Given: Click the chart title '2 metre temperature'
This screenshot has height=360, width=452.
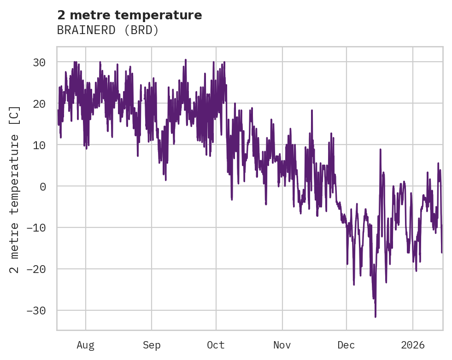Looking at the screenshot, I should (129, 15).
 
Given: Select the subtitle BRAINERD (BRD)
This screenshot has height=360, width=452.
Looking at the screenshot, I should (108, 30).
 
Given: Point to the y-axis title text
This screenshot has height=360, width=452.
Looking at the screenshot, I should (15, 189).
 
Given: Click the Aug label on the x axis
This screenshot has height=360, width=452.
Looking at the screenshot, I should (86, 345).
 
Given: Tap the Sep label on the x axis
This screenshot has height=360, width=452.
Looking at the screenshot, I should (151, 345).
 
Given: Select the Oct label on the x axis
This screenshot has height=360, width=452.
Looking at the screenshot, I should (216, 345).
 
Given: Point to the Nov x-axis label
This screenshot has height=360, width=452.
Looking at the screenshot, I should (282, 345).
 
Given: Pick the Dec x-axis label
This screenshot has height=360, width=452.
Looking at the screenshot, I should (346, 345).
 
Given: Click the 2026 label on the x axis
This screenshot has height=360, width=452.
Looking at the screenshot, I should (413, 345).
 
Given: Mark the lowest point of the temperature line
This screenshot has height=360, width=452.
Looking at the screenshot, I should (376, 317).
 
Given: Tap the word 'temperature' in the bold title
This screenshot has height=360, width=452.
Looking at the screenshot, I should (164, 15).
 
